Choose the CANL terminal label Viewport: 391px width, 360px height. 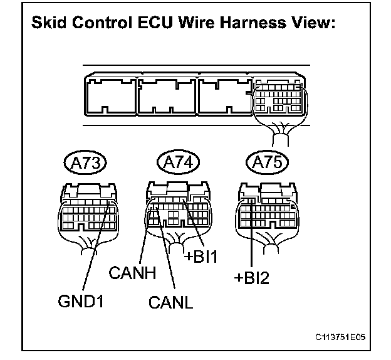pos(171,305)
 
